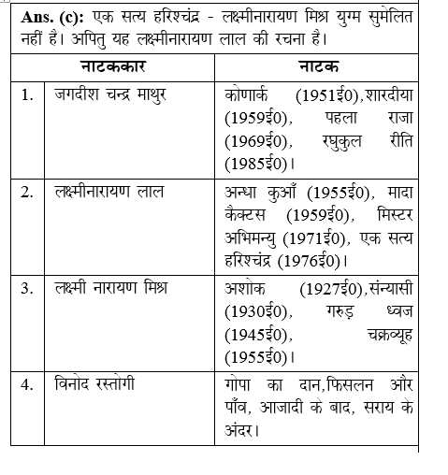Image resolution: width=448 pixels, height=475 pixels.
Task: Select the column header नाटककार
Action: (117, 68)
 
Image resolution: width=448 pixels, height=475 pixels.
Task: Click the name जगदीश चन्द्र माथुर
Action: (108, 97)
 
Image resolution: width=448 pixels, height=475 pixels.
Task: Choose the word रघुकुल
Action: (329, 142)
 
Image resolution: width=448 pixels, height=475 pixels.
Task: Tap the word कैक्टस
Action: (248, 215)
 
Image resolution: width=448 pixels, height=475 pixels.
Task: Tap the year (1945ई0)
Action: (258, 334)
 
